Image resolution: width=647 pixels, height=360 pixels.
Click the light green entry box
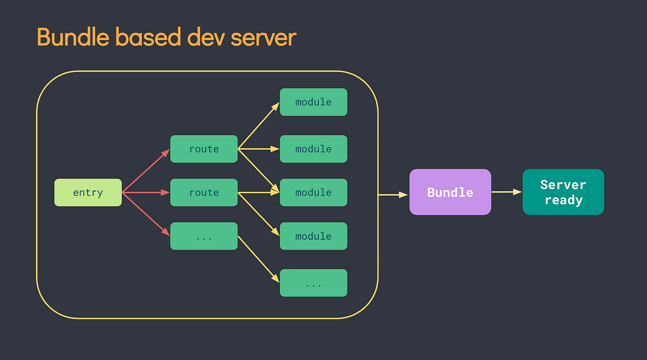88,192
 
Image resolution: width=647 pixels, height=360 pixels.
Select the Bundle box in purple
450,192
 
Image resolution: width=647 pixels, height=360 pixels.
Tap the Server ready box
563,192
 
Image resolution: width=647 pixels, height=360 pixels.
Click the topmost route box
204,149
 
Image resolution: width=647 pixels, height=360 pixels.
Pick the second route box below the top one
204,192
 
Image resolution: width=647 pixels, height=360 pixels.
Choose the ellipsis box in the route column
204,236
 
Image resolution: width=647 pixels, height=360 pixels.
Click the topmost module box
313,102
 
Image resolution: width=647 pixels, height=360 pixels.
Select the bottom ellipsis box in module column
313,283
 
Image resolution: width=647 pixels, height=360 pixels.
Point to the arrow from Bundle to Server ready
506,192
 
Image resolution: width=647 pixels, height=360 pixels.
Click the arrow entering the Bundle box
393,195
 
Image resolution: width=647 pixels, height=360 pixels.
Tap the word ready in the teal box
563,200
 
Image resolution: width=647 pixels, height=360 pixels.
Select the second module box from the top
313,149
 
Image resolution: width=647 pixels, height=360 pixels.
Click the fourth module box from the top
313,236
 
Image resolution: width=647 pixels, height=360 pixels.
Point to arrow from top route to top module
259,125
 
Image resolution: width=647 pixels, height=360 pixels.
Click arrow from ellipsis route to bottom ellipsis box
259,259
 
